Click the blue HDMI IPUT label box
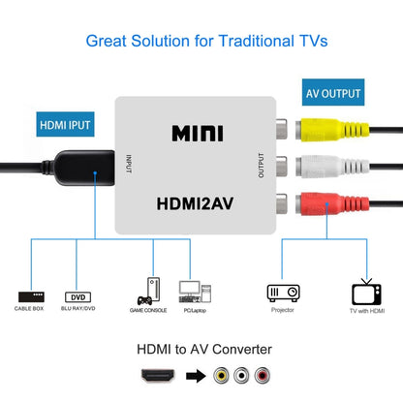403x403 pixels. coord(65,125)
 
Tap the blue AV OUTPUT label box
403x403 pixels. coord(333,95)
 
